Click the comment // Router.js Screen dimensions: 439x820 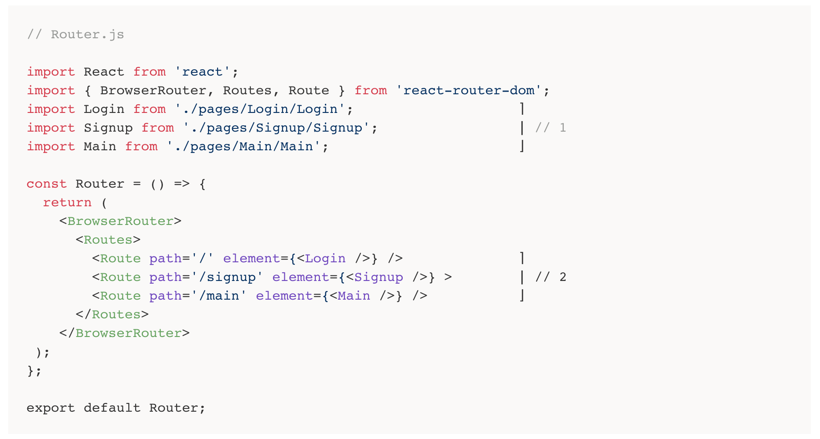coord(75,35)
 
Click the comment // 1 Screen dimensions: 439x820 coord(550,128)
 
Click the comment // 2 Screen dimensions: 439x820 coord(550,277)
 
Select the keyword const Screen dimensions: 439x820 coord(46,184)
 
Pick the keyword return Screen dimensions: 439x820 coord(67,203)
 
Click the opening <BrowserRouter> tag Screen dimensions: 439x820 coord(120,221)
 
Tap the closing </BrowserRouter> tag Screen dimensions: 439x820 coord(124,333)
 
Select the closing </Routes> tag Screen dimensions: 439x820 coord(112,315)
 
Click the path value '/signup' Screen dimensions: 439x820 coord(227,277)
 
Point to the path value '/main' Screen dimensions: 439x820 coord(219,296)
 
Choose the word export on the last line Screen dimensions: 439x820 coord(51,408)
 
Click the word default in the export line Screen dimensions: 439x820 coord(112,408)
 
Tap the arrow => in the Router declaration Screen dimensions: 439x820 coord(182,184)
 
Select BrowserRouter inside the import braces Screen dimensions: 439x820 coord(153,91)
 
